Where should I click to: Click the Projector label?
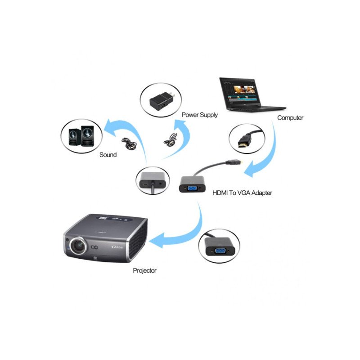coord(144,270)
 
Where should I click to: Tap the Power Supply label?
coord(199,115)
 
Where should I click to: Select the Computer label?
coord(290,118)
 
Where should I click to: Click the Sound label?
coord(108,155)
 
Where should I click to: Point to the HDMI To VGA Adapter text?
coord(242,193)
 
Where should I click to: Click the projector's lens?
coord(78,246)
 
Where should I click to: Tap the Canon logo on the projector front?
coord(117,247)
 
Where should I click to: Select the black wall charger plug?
coord(162,101)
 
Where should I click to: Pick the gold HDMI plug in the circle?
coord(244,141)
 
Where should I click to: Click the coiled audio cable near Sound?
coord(129,143)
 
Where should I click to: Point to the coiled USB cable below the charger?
coord(171,139)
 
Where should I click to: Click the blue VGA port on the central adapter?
coord(193,189)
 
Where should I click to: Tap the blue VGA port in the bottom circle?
coord(220,251)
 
